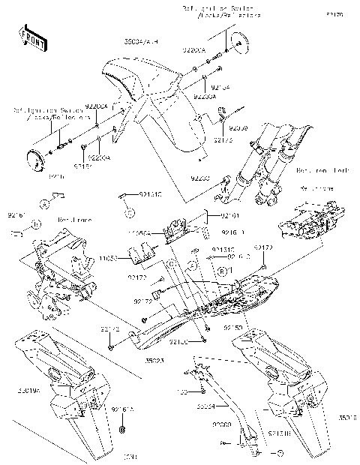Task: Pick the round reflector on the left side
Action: [34, 158]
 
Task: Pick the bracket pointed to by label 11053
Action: [141, 257]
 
